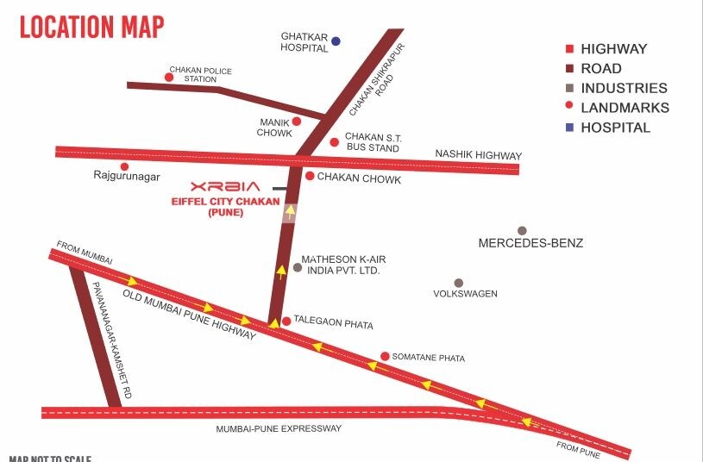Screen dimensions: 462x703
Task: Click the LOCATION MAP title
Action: pos(91,27)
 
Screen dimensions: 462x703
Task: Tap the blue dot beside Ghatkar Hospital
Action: pos(336,41)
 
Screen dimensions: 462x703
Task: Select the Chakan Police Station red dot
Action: pos(169,78)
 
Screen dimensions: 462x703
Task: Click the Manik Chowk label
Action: pos(274,128)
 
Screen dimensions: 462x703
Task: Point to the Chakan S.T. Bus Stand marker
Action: pos(335,142)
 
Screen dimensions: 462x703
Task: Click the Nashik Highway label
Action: pos(478,156)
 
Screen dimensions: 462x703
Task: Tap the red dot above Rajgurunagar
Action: pos(124,166)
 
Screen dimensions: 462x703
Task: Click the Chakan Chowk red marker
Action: pos(310,176)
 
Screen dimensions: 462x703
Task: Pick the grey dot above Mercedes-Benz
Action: pos(522,230)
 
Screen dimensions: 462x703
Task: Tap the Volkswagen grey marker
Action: pos(459,283)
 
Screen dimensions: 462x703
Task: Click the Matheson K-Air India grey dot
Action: pos(298,267)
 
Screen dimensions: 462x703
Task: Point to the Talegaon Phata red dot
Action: pos(286,321)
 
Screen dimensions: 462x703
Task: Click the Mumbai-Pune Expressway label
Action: pos(279,428)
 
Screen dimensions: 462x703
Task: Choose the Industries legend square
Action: pos(569,88)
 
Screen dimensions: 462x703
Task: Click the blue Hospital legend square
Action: pos(569,128)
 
